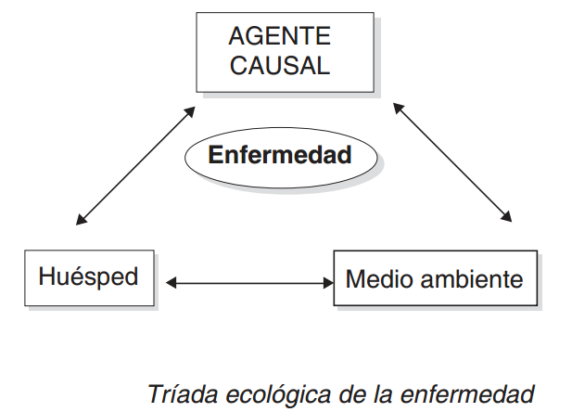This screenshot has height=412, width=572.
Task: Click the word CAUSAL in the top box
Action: (279, 65)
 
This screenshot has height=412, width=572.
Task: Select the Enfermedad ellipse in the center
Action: (280, 155)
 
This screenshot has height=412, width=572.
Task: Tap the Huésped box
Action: (88, 276)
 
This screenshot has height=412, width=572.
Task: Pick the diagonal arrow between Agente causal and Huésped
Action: (136, 165)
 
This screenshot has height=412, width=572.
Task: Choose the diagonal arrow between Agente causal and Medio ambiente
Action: (452, 162)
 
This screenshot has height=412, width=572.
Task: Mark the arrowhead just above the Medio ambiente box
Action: (506, 217)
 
